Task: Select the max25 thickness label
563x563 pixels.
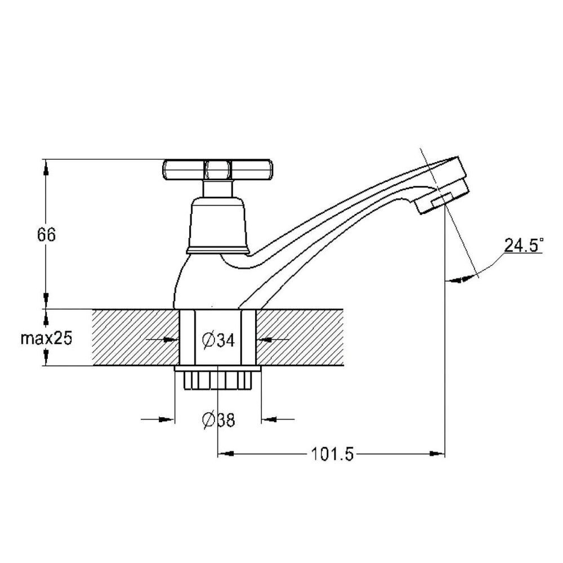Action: (46, 338)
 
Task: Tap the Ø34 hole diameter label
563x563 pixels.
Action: (218, 340)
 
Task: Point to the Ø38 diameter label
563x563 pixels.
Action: (218, 419)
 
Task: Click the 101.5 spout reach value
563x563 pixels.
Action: (332, 454)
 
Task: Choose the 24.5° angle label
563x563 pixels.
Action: (524, 245)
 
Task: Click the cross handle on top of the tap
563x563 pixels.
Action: (217, 170)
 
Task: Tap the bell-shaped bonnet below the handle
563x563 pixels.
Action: (218, 225)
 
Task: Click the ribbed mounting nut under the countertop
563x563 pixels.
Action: (218, 378)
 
